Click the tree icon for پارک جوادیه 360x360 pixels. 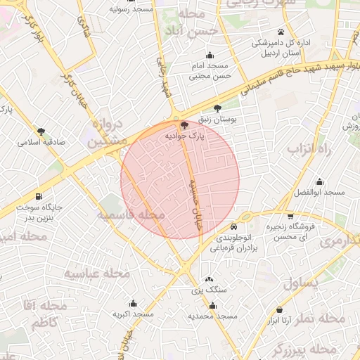pos(184,124)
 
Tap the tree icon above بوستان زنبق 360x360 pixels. pos(217,108)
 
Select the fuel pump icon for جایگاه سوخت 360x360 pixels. pos(37,196)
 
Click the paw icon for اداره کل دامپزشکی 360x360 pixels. pos(281,32)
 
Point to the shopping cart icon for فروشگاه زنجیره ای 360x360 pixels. pos(290,217)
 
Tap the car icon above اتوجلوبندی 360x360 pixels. pos(233,227)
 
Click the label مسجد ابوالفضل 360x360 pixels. pos(320,192)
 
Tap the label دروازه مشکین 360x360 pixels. pos(108,132)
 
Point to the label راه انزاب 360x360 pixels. pos(304,150)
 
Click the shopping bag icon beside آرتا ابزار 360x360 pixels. pos(279,310)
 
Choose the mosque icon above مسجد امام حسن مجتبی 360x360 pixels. pos(209,56)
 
